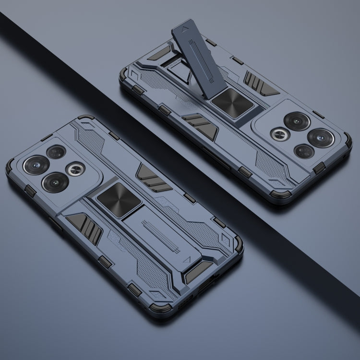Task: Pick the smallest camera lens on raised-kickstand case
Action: point(303,152)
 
